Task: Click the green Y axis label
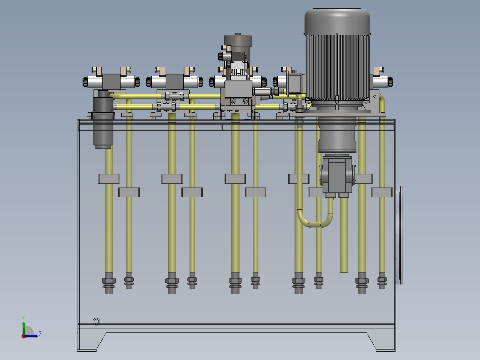click(x=24, y=318)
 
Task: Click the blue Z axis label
click(x=40, y=334)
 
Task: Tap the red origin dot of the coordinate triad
click(x=23, y=337)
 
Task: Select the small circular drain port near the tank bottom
click(x=97, y=322)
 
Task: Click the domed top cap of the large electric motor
click(x=337, y=21)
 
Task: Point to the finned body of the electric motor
click(x=337, y=67)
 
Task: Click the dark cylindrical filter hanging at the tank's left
click(x=103, y=120)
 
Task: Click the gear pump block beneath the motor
click(x=337, y=175)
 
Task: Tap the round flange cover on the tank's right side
click(x=399, y=235)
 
